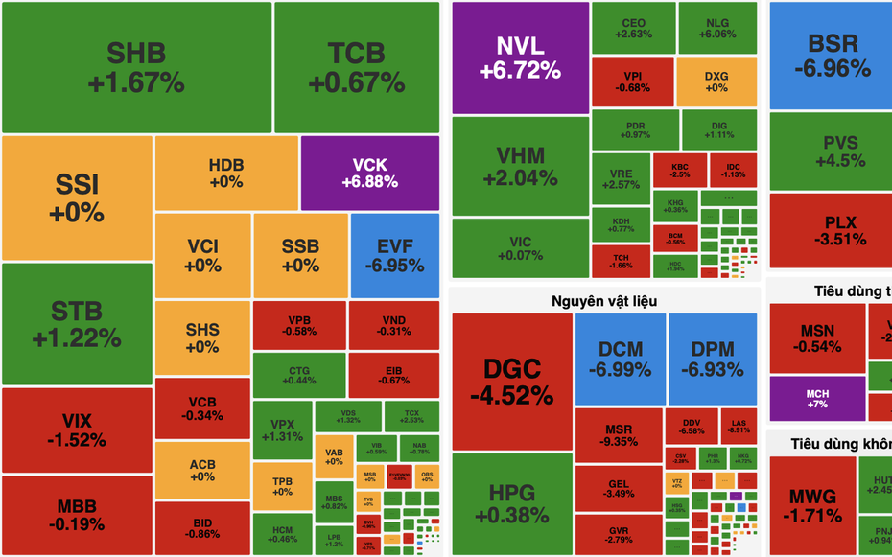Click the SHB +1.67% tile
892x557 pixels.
136,67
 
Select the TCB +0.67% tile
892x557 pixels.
356,67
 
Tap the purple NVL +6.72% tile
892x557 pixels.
520,58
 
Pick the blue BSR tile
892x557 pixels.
832,56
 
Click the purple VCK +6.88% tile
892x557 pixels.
369,173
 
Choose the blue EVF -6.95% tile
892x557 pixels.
395,255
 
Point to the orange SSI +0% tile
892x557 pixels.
77,197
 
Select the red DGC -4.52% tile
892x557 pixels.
511,381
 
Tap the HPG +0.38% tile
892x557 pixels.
511,503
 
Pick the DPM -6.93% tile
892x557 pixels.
711,359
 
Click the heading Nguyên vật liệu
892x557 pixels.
604,301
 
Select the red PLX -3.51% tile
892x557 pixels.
832,231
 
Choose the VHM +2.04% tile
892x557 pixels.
520,167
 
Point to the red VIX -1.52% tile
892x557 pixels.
77,429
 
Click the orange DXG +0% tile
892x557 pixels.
716,81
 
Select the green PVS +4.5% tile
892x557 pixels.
832,151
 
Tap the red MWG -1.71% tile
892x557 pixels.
812,505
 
